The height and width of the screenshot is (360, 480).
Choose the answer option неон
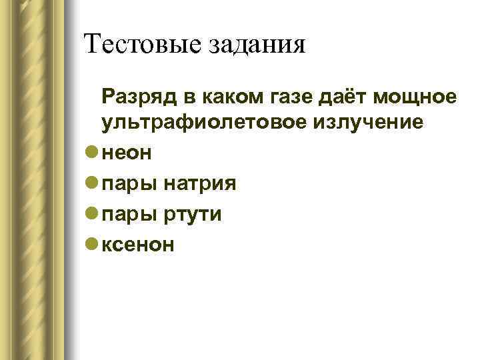coord(127,153)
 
